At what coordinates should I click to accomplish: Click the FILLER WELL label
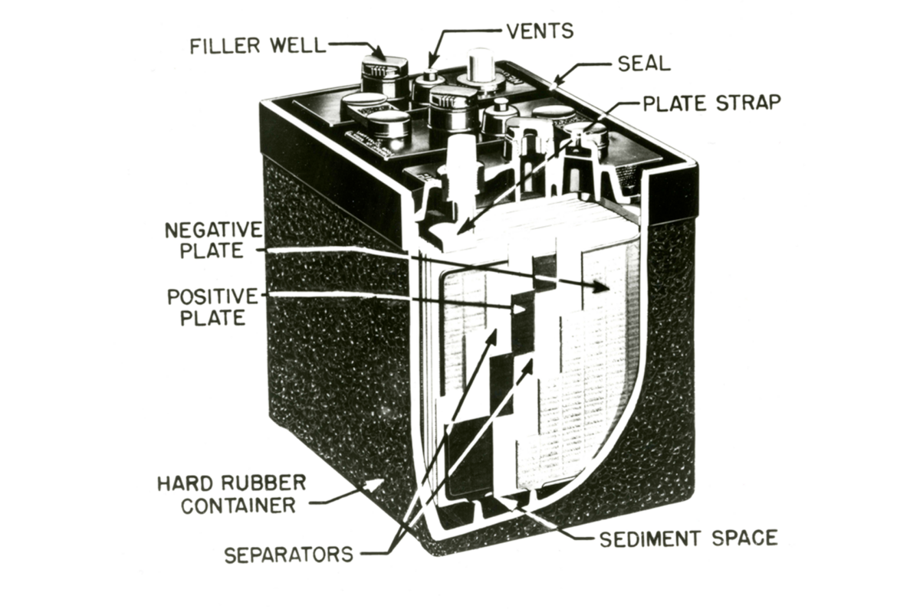click(257, 46)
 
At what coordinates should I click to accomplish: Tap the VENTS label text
click(540, 31)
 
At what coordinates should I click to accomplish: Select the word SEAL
click(645, 64)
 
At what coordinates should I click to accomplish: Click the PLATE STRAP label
click(711, 103)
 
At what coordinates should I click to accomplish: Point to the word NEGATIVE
click(214, 231)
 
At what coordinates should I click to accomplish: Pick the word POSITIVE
click(212, 296)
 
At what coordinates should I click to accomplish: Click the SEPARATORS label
click(289, 555)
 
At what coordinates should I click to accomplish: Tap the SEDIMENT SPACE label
click(688, 539)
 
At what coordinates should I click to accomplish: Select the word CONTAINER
click(238, 506)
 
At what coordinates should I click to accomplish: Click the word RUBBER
click(264, 483)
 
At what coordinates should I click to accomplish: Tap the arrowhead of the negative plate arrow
click(600, 287)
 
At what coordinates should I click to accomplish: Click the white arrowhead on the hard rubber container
click(374, 486)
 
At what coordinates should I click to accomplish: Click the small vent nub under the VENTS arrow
click(430, 76)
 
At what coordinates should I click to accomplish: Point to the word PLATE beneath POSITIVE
click(213, 318)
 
